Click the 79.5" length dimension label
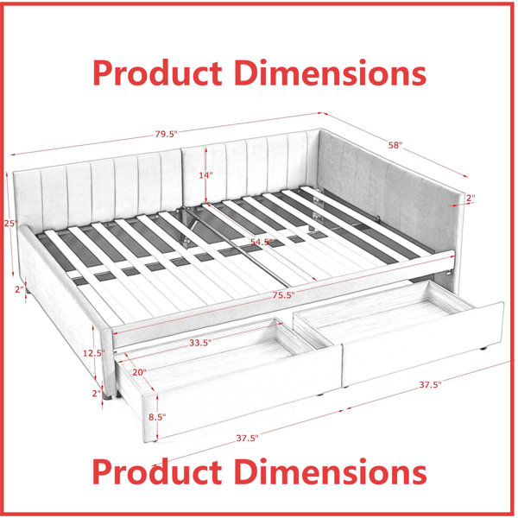click(166, 134)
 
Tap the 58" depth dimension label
click(395, 145)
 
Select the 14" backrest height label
click(205, 175)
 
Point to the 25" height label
click(10, 224)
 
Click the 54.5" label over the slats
click(262, 242)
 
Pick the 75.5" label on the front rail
click(283, 295)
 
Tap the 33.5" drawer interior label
click(200, 343)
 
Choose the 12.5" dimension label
click(94, 353)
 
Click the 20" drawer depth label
click(139, 372)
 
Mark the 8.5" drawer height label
click(157, 417)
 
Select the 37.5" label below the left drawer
click(247, 438)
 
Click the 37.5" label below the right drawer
click(430, 384)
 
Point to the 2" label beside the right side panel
click(471, 198)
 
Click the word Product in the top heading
click(157, 73)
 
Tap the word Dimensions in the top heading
click(331, 73)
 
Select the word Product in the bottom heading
click(157, 471)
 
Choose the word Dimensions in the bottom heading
click(331, 471)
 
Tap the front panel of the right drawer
click(423, 344)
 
